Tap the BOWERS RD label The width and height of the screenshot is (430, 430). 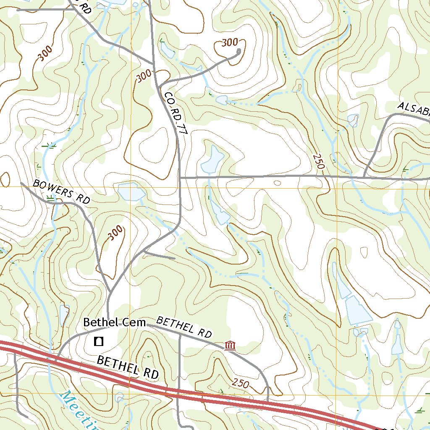click(61, 192)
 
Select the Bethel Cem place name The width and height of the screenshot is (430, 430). click(114, 322)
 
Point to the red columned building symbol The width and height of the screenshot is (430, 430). click(230, 346)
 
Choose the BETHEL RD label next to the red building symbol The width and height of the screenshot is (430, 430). click(184, 328)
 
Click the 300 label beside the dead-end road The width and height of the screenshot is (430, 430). click(229, 42)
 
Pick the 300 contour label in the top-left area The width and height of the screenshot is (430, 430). click(45, 53)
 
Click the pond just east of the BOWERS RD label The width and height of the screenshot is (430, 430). click(131, 192)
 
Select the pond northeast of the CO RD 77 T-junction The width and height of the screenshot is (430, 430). click(212, 160)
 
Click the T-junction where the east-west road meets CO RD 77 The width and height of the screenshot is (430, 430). click(180, 178)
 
